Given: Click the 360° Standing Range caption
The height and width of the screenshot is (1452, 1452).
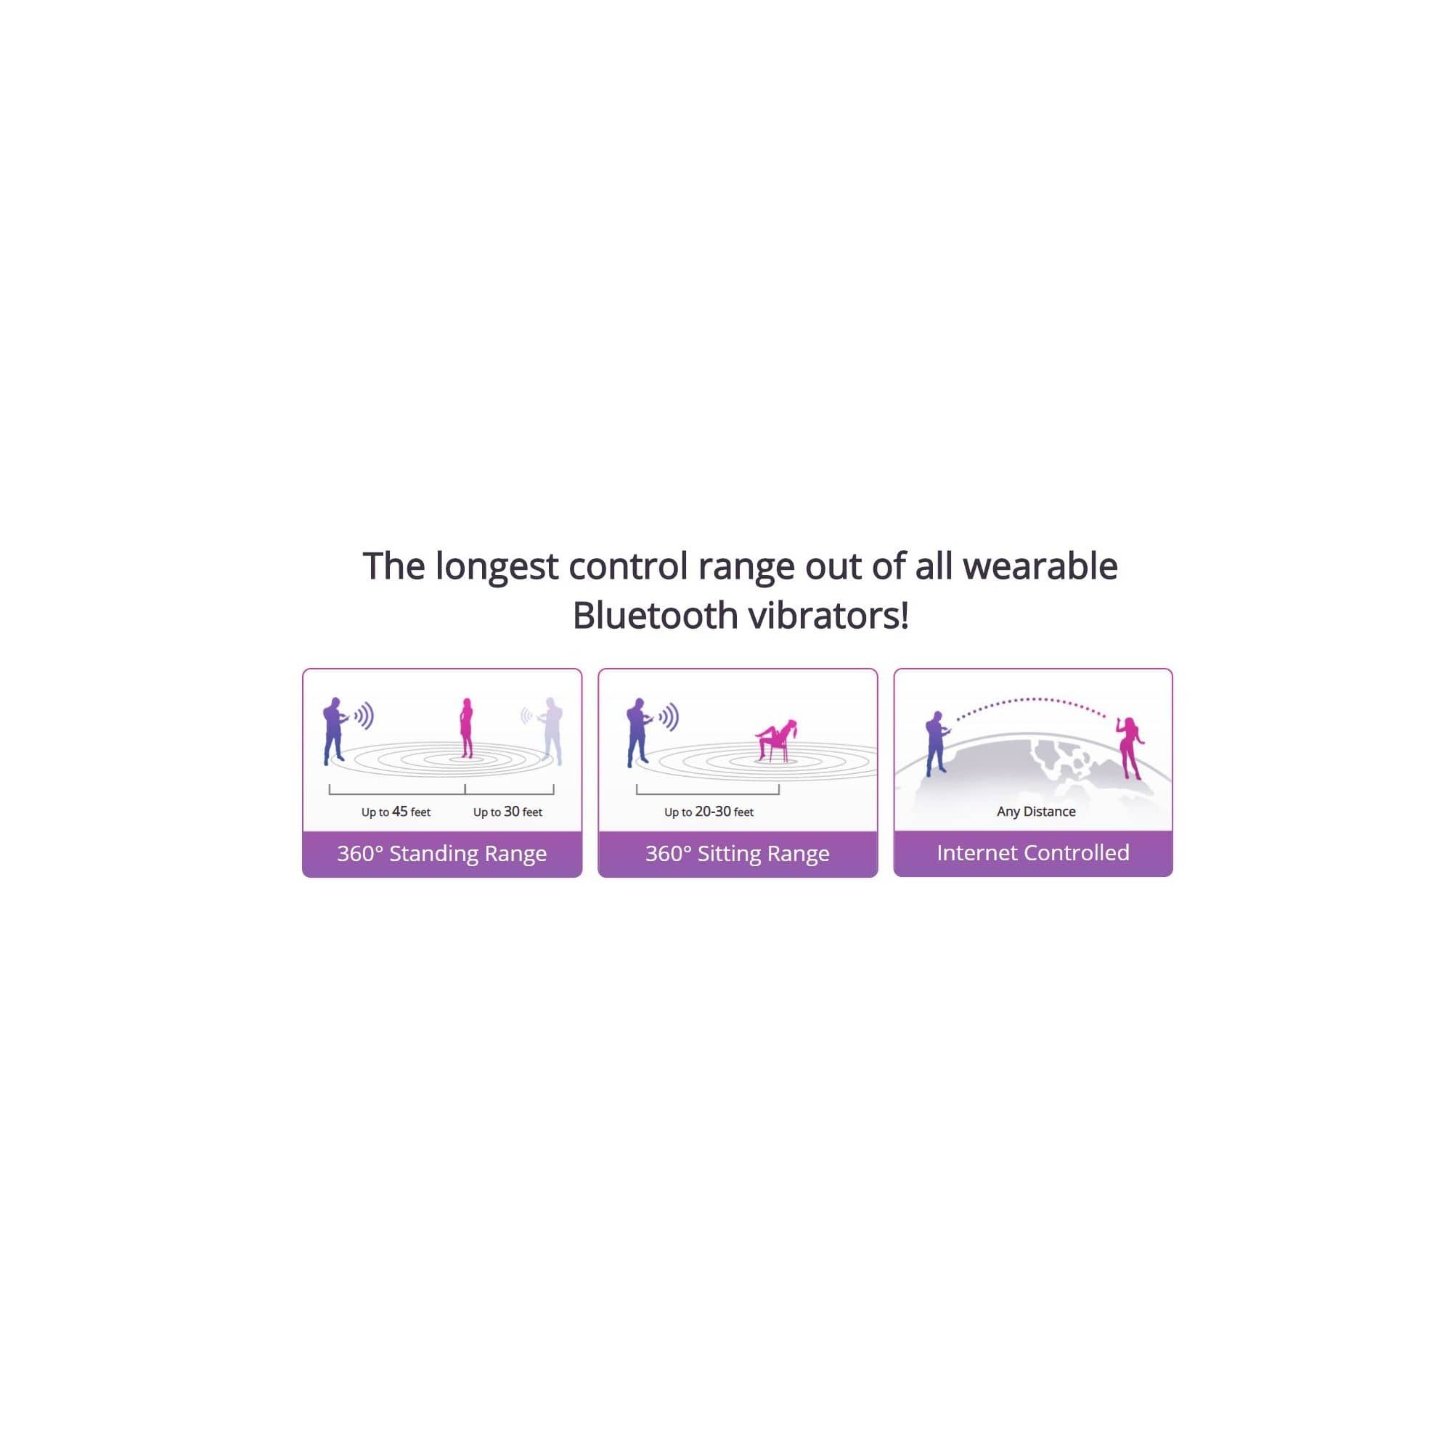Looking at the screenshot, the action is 442,853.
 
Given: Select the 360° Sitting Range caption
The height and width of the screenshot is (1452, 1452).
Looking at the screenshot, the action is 738,853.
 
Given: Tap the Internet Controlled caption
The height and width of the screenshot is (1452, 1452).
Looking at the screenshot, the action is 1032,852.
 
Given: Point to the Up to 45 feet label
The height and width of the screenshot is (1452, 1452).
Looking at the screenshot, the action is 396,812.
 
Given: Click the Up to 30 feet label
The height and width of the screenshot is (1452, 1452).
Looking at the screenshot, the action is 507,812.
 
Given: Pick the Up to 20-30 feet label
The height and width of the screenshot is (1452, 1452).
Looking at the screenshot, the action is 709,812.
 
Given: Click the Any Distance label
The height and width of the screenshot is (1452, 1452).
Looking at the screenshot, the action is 1036,812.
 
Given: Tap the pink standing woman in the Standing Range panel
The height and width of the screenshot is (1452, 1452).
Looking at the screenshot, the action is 467,727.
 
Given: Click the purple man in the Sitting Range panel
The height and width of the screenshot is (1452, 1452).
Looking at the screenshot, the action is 638,733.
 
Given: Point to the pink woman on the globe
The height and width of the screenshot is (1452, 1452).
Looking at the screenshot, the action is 1131,747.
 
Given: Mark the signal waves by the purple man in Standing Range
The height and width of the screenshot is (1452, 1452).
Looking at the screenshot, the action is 364,717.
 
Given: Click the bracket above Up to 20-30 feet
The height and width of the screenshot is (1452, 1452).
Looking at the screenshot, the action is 707,792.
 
